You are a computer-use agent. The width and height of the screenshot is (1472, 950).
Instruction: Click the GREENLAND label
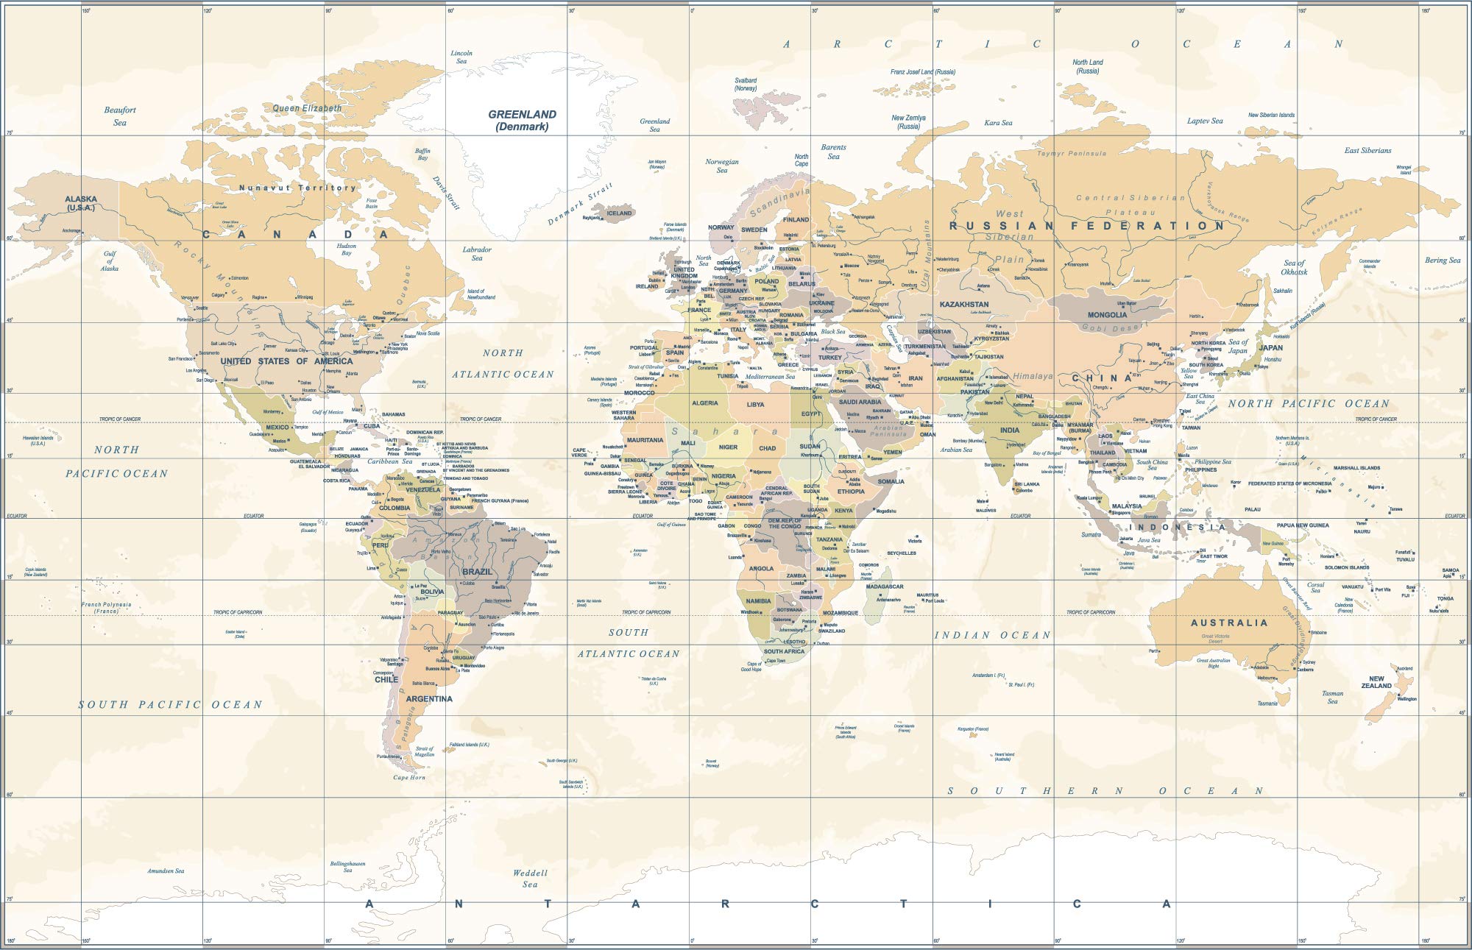click(522, 115)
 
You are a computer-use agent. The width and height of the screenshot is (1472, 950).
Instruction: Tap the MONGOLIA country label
click(1107, 315)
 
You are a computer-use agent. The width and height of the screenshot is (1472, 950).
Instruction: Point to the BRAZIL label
click(477, 572)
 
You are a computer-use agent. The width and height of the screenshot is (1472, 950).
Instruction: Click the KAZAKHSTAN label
click(963, 304)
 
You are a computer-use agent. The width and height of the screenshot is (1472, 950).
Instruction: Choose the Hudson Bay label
click(346, 249)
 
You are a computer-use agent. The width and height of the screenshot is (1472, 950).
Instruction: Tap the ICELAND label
click(619, 213)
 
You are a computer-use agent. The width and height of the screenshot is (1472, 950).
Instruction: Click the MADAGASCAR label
click(884, 586)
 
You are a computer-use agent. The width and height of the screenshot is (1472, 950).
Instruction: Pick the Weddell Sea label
click(530, 879)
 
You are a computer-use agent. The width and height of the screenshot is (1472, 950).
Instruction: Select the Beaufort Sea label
click(120, 116)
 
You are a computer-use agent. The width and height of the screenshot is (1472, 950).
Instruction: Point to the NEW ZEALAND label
click(1376, 682)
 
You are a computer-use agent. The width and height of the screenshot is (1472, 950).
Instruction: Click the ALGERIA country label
click(704, 403)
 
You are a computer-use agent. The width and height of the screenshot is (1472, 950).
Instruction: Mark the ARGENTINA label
click(428, 699)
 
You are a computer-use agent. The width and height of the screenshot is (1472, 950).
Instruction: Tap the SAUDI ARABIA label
click(860, 403)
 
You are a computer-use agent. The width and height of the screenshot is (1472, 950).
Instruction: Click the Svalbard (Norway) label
click(746, 84)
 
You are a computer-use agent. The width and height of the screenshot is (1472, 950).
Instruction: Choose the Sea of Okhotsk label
click(1294, 267)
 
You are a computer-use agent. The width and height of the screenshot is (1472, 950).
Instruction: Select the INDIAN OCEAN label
click(993, 635)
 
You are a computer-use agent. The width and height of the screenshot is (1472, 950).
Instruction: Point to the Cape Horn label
click(409, 778)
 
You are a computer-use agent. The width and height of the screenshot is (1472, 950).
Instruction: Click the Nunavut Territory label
click(297, 188)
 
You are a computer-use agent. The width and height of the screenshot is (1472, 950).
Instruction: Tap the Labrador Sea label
click(477, 254)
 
